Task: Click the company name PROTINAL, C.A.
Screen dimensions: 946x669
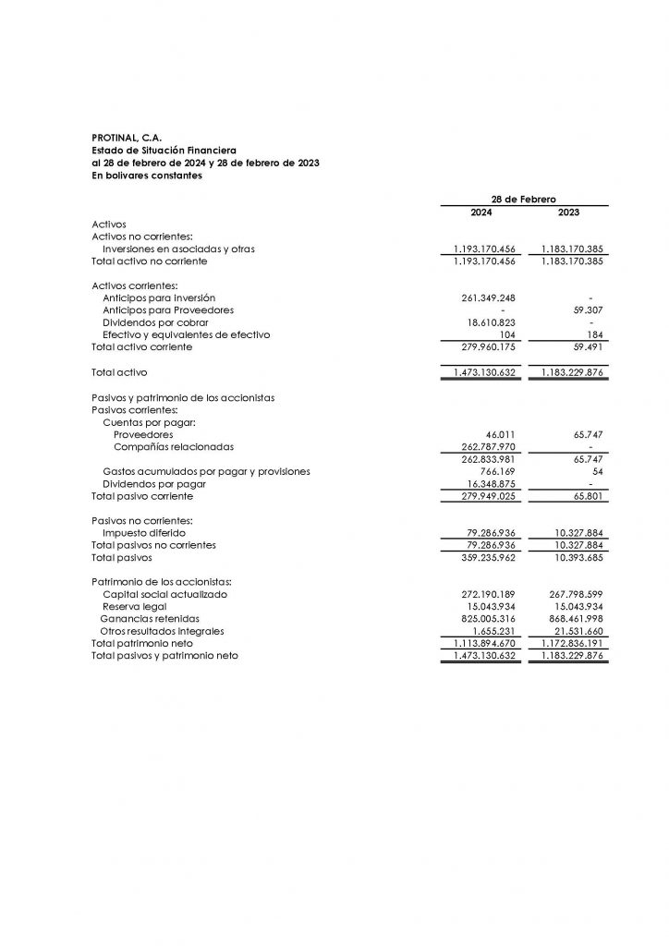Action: click(128, 138)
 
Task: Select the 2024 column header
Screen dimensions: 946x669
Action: click(482, 212)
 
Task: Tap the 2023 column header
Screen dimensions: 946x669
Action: click(569, 212)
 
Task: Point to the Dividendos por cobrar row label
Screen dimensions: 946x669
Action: click(155, 322)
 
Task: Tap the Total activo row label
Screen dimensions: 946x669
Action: click(119, 372)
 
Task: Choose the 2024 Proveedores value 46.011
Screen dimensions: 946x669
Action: click(500, 434)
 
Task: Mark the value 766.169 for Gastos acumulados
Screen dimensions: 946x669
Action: click(497, 471)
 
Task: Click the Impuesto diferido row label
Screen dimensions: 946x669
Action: click(144, 533)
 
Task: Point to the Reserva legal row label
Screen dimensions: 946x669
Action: click(134, 607)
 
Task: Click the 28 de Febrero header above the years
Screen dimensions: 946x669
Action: click(524, 199)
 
